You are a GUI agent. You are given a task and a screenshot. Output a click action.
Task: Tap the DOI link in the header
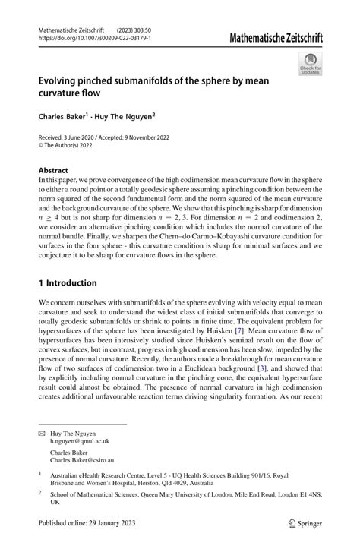(x=94, y=37)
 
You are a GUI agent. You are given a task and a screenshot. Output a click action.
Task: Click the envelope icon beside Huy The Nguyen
(x=42, y=432)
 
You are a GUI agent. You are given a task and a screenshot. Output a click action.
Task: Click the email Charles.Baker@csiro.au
(x=83, y=459)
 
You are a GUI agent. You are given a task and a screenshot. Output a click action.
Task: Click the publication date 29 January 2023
(x=109, y=523)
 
